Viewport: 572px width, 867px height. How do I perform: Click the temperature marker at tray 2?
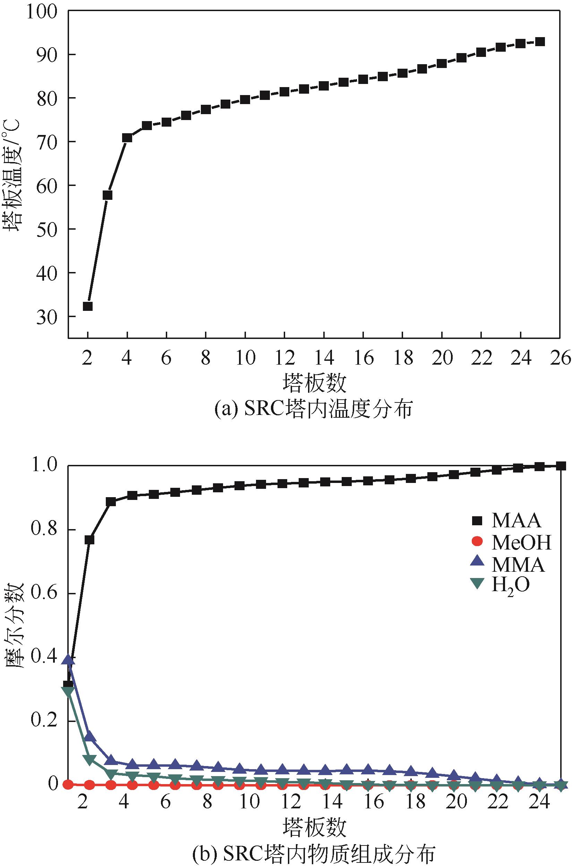[x=87, y=306]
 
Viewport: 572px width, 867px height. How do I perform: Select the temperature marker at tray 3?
[x=107, y=195]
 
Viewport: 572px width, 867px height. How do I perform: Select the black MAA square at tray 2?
[x=89, y=540]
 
